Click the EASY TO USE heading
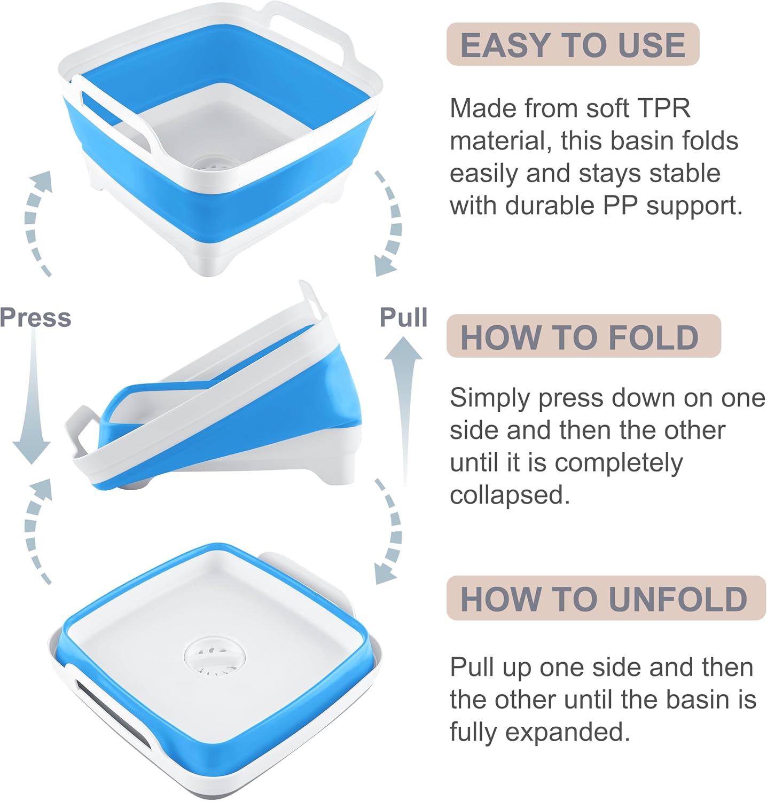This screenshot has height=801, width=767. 573,44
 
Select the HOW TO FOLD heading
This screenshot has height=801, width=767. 580,337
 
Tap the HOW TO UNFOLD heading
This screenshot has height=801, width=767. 604,598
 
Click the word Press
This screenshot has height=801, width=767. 35,317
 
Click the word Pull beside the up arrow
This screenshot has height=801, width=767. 403,317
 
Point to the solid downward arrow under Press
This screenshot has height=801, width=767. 32,406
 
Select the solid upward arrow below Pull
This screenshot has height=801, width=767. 404,406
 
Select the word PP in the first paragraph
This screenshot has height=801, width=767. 622,206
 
